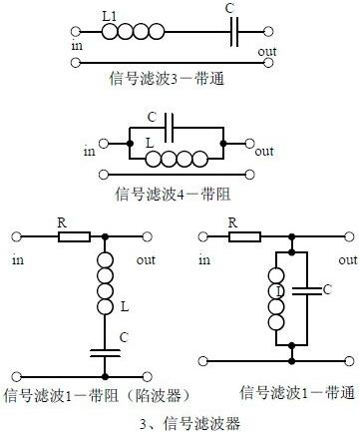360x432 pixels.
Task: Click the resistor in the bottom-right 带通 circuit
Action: point(245,236)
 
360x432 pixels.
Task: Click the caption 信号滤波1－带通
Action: point(289,396)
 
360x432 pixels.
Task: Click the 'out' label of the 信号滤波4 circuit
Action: point(264,152)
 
